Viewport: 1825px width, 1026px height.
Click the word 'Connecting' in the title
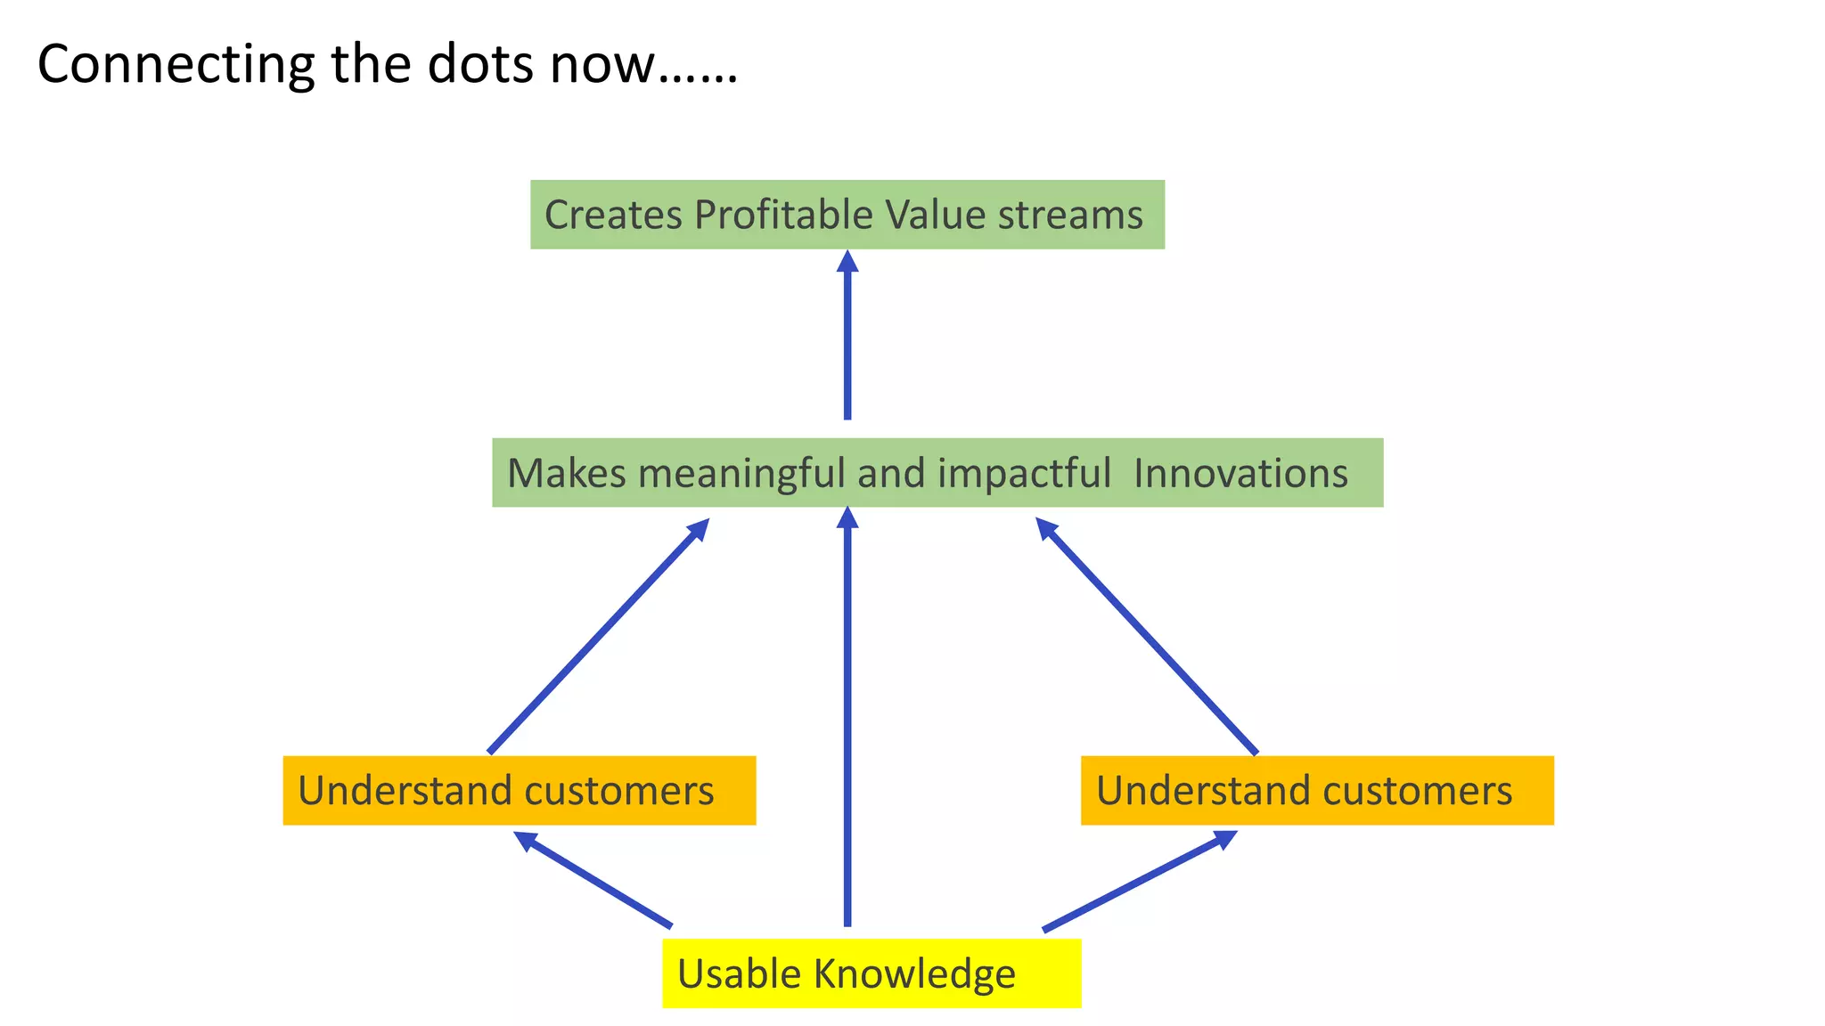176,65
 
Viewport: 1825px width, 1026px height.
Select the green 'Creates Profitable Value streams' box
847,215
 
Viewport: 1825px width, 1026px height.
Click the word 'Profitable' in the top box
783,215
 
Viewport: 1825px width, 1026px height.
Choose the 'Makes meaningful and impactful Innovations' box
937,473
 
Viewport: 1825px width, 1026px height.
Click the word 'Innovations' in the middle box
1240,473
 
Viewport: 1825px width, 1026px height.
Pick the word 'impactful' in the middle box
1024,473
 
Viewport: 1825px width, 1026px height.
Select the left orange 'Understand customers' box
519,791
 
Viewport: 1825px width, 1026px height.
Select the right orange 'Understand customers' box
1317,791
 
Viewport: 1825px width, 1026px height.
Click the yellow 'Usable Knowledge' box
872,973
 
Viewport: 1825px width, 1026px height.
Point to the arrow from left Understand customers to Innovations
597,638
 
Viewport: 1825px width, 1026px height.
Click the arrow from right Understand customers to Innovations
1147,638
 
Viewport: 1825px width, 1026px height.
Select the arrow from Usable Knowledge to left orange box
593,880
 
